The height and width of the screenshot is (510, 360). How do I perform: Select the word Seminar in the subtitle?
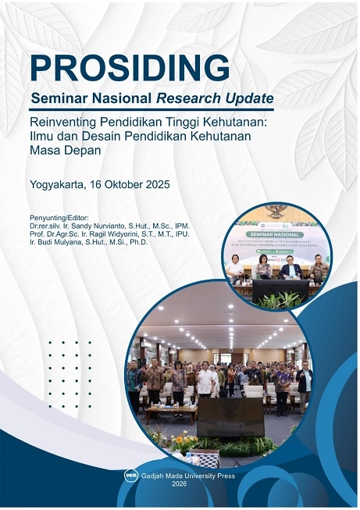[x=60, y=99]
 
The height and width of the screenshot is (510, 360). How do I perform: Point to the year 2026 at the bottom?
[x=180, y=484]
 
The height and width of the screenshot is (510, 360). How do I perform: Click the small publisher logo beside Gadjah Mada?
[x=130, y=475]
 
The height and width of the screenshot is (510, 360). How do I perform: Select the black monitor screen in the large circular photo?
[x=230, y=417]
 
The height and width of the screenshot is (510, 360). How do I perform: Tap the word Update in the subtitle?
[x=251, y=99]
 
